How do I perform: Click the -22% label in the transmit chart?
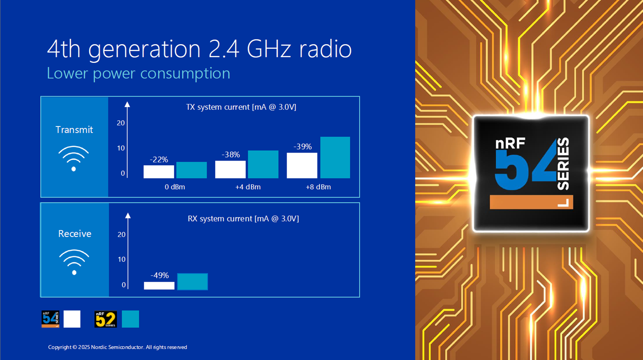pos(159,160)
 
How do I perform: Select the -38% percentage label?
pos(230,155)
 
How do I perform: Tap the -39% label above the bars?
pos(302,147)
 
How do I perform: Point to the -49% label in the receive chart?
pos(160,276)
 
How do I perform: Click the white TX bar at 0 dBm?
pos(159,172)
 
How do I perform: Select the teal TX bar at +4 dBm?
pos(263,164)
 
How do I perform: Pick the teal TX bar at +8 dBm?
pos(335,157)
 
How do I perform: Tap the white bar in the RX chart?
pos(159,286)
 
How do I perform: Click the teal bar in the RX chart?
pos(193,282)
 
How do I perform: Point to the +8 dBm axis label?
pos(318,187)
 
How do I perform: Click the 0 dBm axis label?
pos(175,187)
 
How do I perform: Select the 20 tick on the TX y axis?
pos(121,123)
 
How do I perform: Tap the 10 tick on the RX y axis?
pos(122,260)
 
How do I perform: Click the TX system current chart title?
pos(241,107)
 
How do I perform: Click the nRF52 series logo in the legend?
pos(106,319)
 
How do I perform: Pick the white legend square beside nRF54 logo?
pos(72,319)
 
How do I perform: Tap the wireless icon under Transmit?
pos(73,158)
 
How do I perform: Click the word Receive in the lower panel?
pos(75,234)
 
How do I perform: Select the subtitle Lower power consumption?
pos(138,73)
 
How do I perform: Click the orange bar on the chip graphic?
pos(531,202)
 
